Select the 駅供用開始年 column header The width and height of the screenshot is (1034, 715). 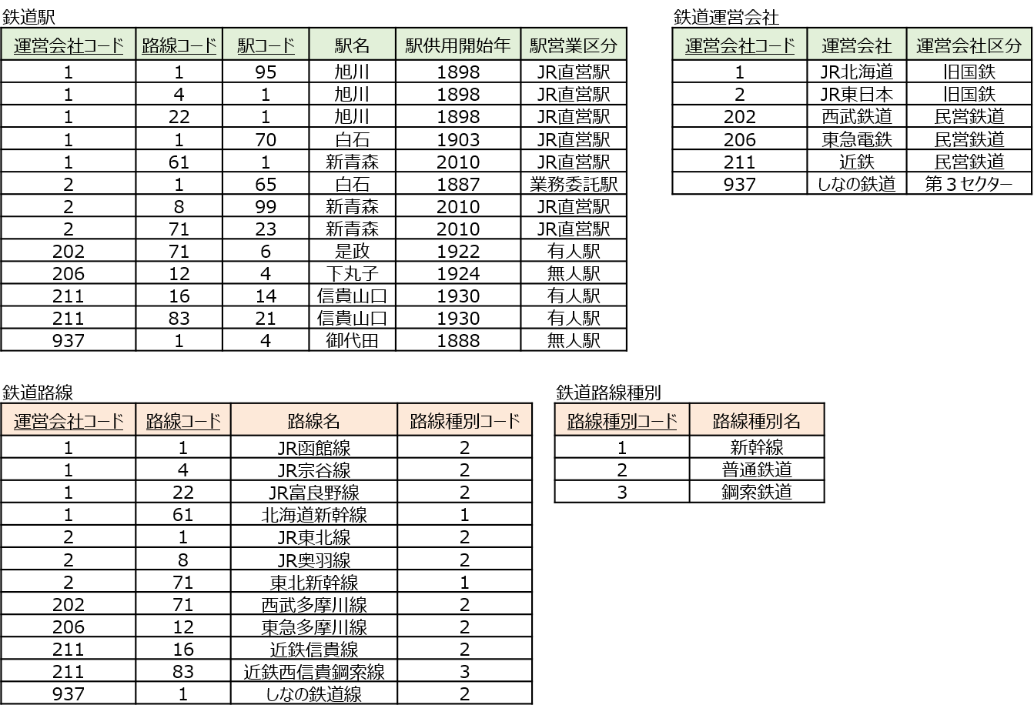[x=458, y=45]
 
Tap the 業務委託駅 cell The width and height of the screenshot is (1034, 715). [x=574, y=185]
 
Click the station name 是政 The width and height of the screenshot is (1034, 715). [x=352, y=252]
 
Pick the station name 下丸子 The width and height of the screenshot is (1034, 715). [x=352, y=274]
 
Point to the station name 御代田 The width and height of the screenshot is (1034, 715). [x=352, y=341]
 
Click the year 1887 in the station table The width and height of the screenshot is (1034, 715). [x=458, y=185]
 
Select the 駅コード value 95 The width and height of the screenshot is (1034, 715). [x=266, y=72]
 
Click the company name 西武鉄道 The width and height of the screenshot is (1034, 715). [x=857, y=117]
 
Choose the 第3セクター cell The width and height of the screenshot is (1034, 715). [x=969, y=185]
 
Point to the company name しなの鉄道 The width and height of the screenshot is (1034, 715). [x=857, y=185]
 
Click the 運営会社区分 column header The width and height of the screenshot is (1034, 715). [x=969, y=45]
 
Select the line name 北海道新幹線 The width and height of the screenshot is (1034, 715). [x=314, y=515]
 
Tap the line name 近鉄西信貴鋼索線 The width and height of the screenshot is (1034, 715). [x=314, y=672]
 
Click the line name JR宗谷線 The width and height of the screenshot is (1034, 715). [x=314, y=470]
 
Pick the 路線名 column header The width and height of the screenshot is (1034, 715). [x=314, y=421]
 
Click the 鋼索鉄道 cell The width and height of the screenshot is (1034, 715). [x=757, y=492]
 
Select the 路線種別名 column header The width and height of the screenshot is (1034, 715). [x=757, y=421]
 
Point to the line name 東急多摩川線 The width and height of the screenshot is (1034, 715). [x=314, y=627]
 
